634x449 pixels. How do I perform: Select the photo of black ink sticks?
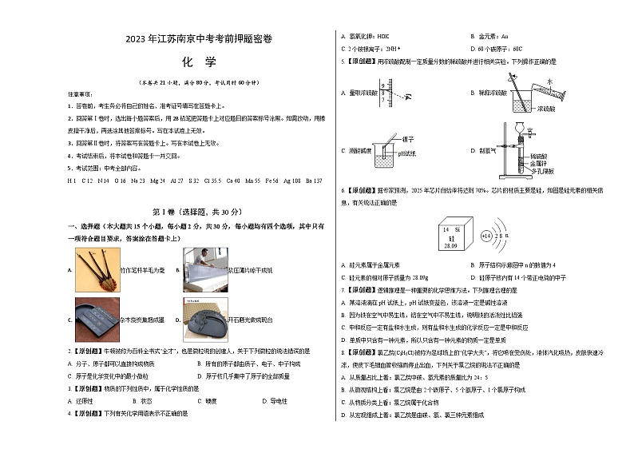point(96,319)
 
